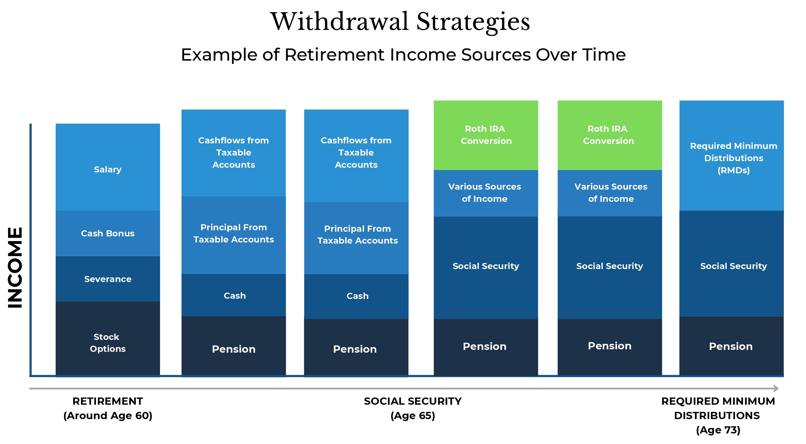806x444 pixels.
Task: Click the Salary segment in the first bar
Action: click(x=108, y=167)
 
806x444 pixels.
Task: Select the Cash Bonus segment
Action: click(x=108, y=233)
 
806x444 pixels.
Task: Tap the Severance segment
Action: click(x=108, y=279)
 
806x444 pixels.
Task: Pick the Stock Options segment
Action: click(x=108, y=339)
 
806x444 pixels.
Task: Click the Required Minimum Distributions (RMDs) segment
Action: click(x=731, y=156)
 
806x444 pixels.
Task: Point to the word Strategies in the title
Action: click(x=473, y=22)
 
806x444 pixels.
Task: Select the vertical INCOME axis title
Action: click(x=15, y=267)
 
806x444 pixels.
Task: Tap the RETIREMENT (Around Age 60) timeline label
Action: click(x=108, y=408)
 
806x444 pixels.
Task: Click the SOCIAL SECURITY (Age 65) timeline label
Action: click(x=413, y=408)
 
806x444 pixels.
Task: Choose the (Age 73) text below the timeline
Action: click(x=718, y=430)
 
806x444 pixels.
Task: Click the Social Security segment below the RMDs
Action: click(x=731, y=264)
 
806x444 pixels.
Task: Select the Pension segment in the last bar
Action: click(x=731, y=346)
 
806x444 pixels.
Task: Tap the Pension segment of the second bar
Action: click(x=234, y=346)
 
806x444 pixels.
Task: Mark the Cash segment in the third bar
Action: click(x=356, y=296)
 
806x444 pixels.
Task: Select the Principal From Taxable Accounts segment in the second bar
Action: click(x=234, y=235)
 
